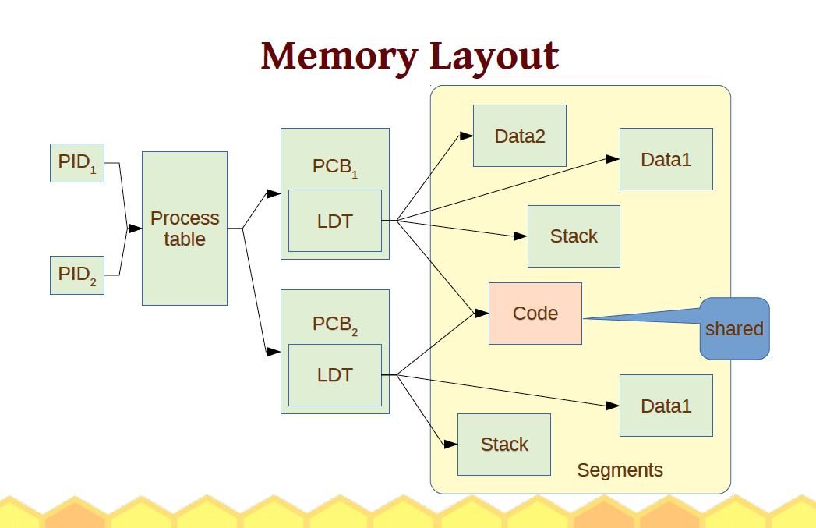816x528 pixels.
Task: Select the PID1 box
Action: click(x=77, y=162)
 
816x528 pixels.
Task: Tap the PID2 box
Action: click(x=77, y=275)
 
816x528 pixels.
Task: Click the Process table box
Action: click(x=185, y=229)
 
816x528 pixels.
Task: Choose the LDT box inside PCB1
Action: click(x=335, y=221)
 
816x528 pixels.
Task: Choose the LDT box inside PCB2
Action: click(x=335, y=375)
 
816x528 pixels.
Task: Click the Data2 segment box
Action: click(x=520, y=136)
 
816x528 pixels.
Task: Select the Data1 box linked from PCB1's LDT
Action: click(x=666, y=159)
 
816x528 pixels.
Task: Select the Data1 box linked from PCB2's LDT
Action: click(x=666, y=406)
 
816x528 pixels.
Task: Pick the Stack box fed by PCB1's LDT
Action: click(x=574, y=236)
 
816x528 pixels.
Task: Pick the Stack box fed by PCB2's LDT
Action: click(x=504, y=445)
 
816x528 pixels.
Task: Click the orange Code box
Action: click(x=535, y=314)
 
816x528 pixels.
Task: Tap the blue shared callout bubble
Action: click(x=734, y=328)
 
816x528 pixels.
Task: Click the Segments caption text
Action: click(x=620, y=470)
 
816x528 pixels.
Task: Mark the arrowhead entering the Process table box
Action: click(x=136, y=229)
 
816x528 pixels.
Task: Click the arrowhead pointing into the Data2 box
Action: click(x=466, y=136)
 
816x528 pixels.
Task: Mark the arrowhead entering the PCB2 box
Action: click(x=274, y=352)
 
